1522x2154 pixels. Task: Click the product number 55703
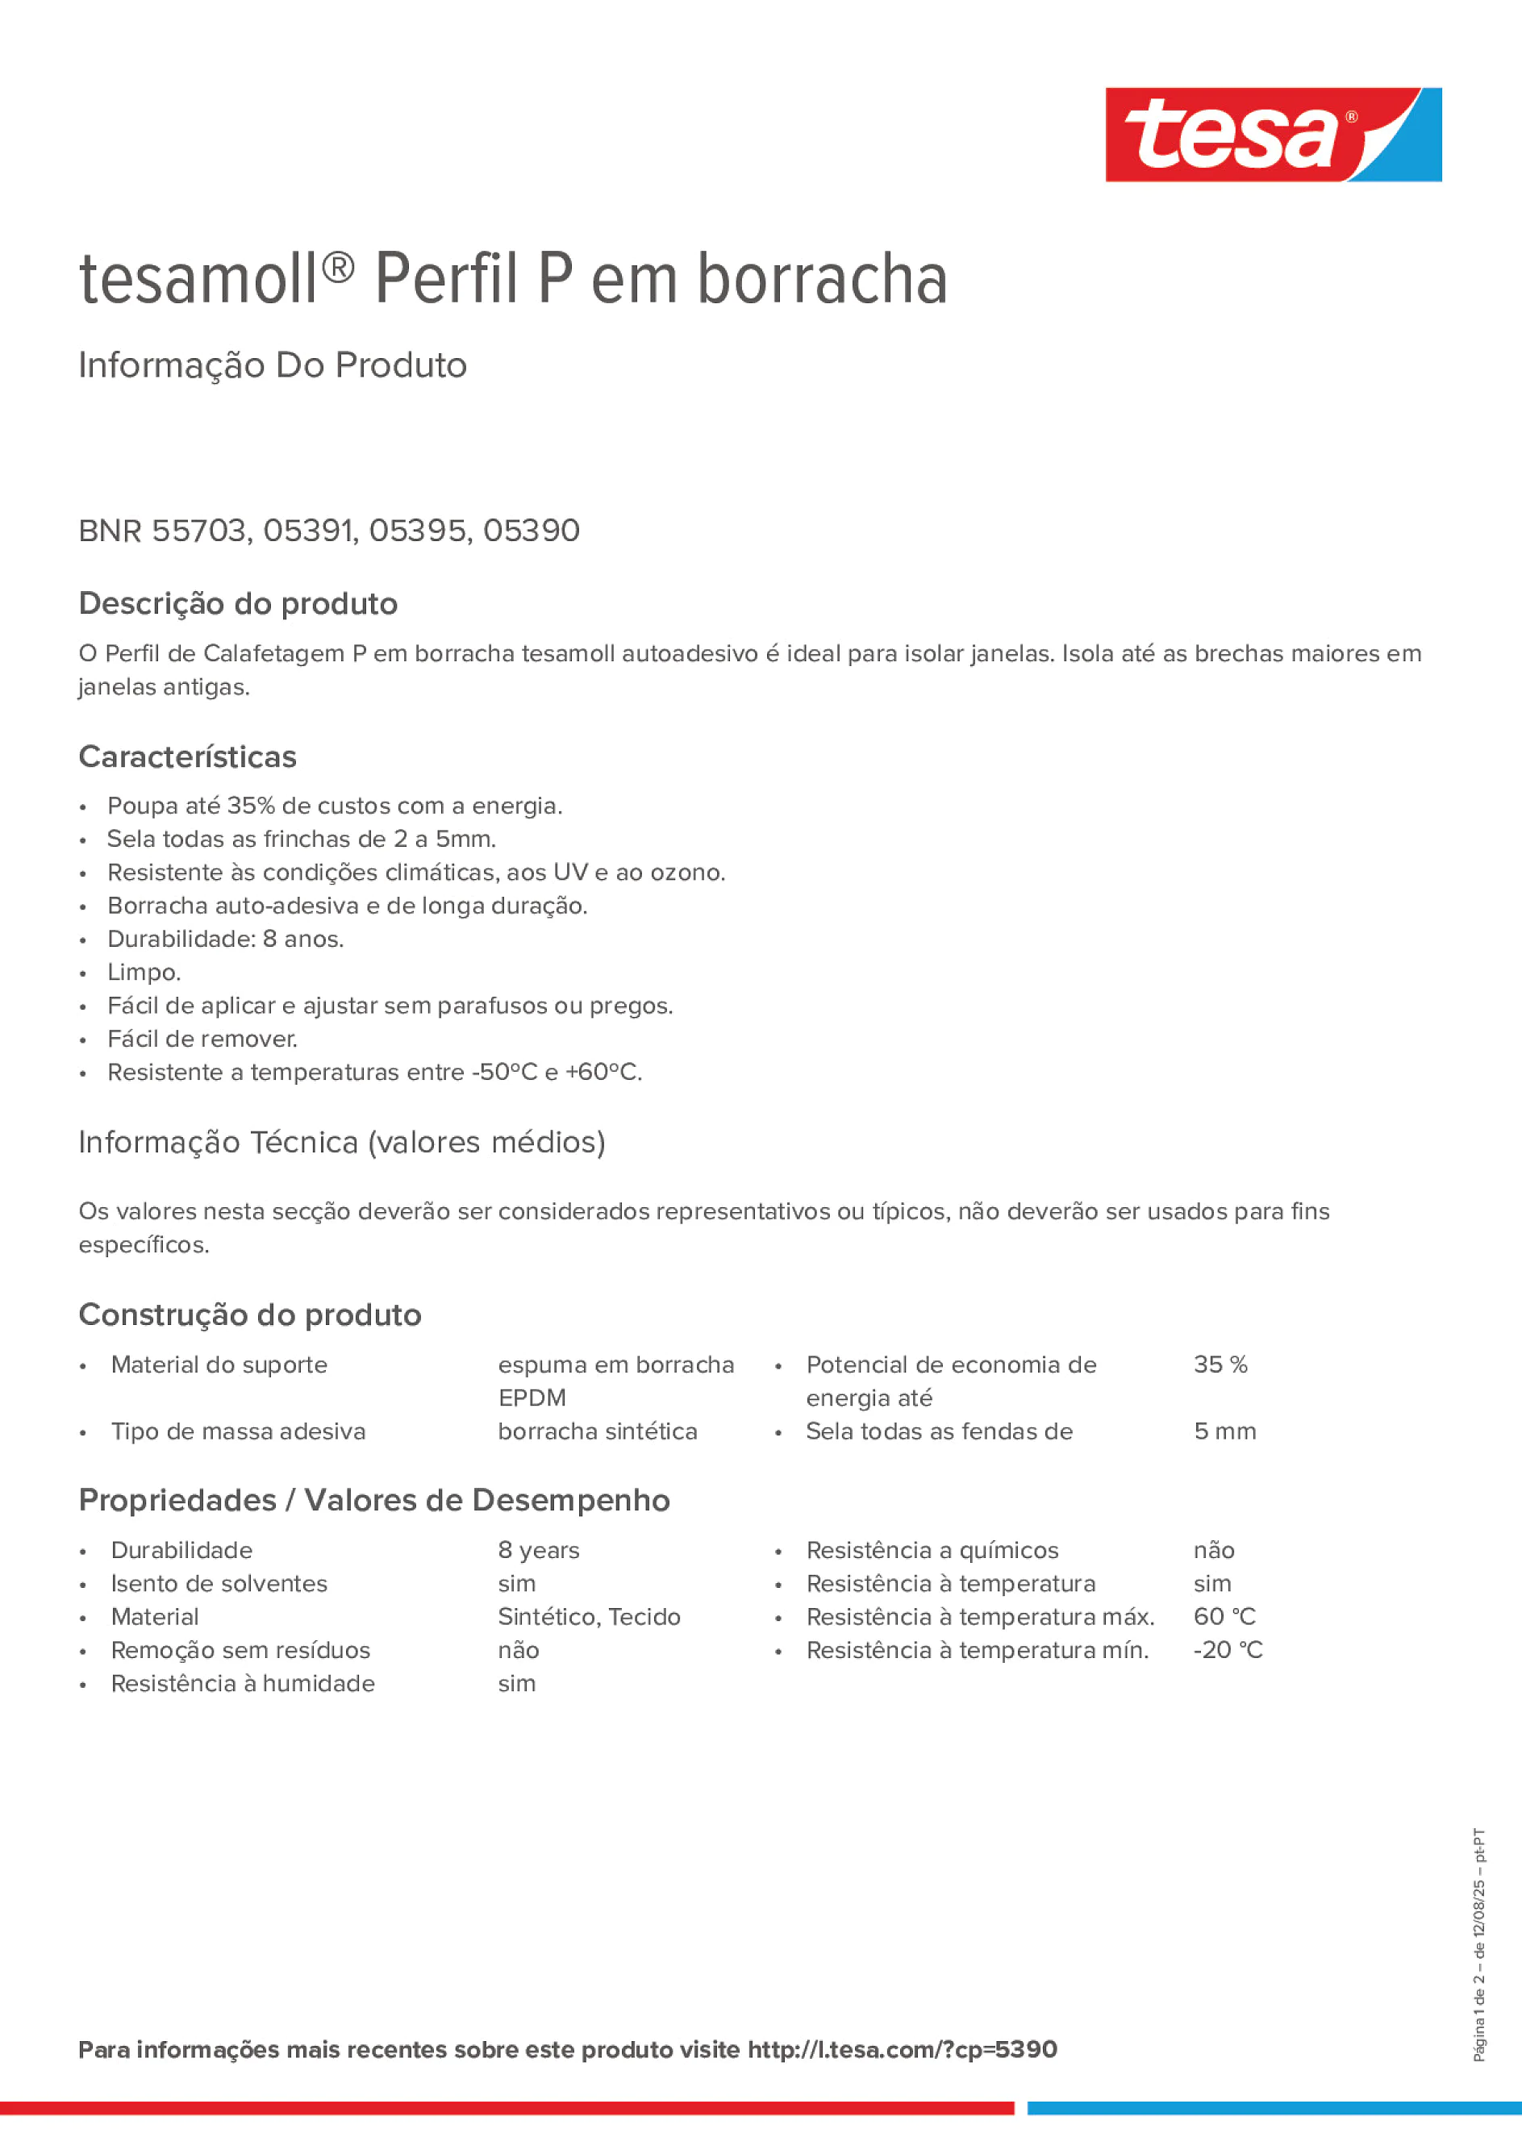(x=199, y=531)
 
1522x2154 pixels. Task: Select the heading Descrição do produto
(x=237, y=603)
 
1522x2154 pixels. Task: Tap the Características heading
(x=187, y=756)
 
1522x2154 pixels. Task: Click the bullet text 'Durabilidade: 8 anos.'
(x=225, y=939)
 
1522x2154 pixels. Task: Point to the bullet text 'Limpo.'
(x=144, y=972)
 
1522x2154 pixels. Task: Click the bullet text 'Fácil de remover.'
(x=202, y=1039)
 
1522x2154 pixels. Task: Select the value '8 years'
(x=538, y=1550)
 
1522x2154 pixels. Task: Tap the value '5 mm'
(x=1224, y=1431)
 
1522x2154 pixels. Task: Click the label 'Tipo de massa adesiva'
(x=238, y=1431)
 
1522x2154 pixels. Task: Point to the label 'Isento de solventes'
(x=219, y=1584)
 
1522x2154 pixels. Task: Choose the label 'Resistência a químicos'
(x=932, y=1550)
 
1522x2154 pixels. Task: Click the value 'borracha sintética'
(x=597, y=1431)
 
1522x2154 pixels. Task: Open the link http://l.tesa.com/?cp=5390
(x=902, y=2049)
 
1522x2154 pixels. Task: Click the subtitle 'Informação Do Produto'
(x=272, y=365)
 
